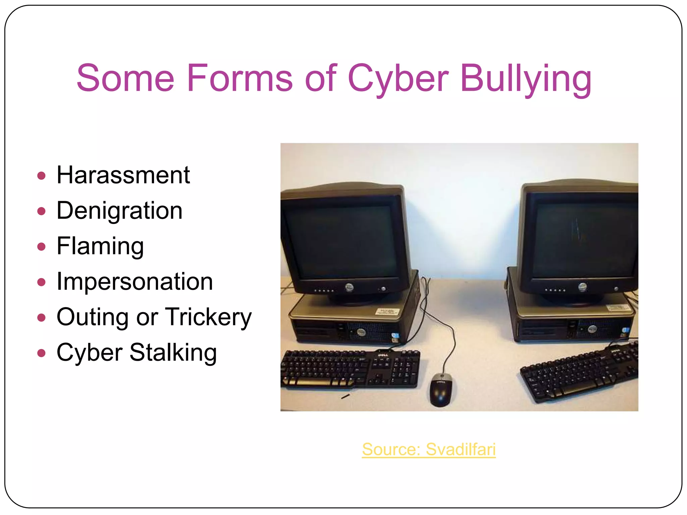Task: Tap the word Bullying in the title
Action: [x=526, y=79]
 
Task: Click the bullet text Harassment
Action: [x=123, y=175]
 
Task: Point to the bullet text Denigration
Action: [x=119, y=211]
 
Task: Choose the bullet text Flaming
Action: [x=100, y=246]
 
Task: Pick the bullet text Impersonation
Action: [x=135, y=282]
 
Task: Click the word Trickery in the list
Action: [x=208, y=317]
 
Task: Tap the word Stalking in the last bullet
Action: [x=173, y=353]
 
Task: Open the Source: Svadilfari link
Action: [x=429, y=449]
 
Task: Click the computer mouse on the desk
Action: [x=441, y=390]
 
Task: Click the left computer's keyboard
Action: [x=350, y=369]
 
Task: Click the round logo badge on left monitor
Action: [x=349, y=287]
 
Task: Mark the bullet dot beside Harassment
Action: [x=41, y=176]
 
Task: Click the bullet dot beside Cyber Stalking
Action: [x=41, y=353]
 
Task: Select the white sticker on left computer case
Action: [x=387, y=311]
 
